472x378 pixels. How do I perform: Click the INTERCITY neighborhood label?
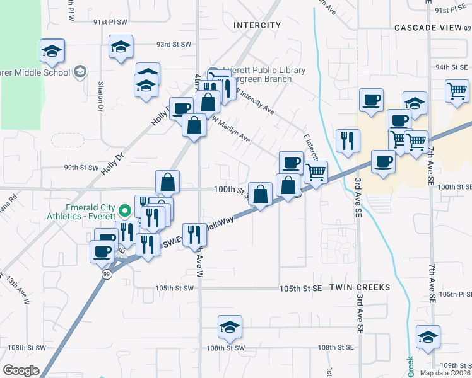tap(257, 25)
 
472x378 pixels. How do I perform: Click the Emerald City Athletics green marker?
tap(125, 210)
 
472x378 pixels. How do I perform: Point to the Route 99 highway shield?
tap(108, 275)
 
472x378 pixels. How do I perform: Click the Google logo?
tap(21, 370)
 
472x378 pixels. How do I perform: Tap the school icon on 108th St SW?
tap(230, 326)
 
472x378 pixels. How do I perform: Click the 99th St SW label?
tap(82, 168)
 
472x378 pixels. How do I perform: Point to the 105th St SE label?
tap(302, 287)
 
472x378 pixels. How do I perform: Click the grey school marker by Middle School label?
tap(80, 72)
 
